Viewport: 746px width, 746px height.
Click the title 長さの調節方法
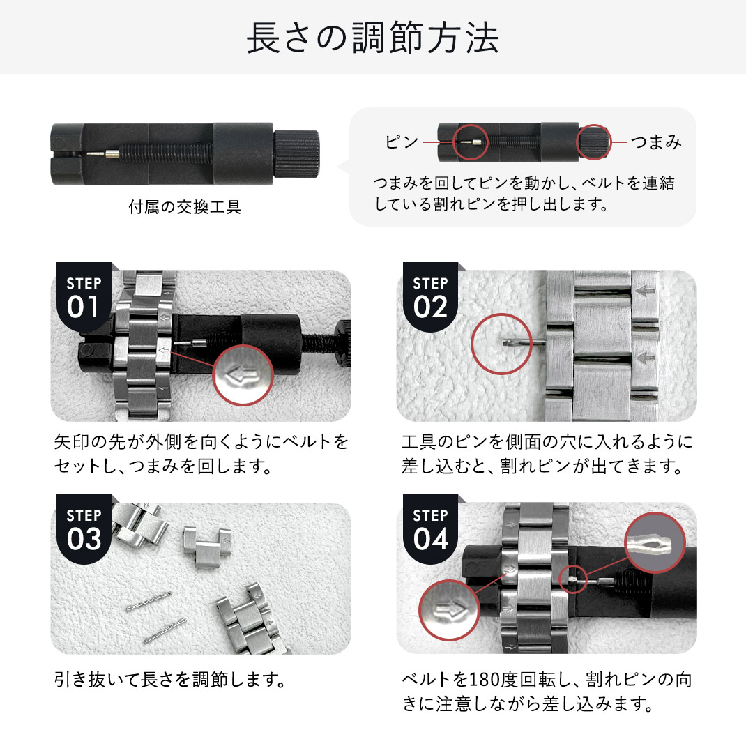click(x=372, y=39)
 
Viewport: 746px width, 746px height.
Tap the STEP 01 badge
click(x=84, y=297)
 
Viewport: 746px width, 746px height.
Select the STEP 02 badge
click(x=430, y=297)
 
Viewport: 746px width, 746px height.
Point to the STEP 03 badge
click(x=84, y=529)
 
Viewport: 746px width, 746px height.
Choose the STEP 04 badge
click(x=430, y=529)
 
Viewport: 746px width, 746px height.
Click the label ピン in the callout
click(x=402, y=142)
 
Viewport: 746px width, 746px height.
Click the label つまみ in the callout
click(x=655, y=142)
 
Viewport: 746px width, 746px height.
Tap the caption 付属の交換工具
click(x=185, y=208)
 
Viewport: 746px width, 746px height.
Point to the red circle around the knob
click(x=594, y=142)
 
